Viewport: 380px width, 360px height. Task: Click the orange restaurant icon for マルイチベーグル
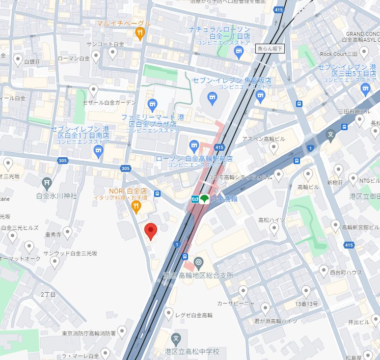140,33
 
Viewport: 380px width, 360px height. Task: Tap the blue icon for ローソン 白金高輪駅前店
194,145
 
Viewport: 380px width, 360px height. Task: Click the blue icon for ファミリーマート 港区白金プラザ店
152,105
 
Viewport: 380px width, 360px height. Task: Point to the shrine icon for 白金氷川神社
47,183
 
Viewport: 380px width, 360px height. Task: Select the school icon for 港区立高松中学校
176,338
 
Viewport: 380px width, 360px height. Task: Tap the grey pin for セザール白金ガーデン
93,90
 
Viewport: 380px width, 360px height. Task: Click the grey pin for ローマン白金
97,57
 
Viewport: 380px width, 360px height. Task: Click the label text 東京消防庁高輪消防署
89,333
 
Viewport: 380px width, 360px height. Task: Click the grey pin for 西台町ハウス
324,270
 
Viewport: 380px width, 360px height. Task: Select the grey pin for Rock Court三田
364,52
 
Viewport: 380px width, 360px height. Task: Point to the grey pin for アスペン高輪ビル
274,147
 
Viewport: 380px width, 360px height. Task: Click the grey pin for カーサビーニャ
243,291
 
